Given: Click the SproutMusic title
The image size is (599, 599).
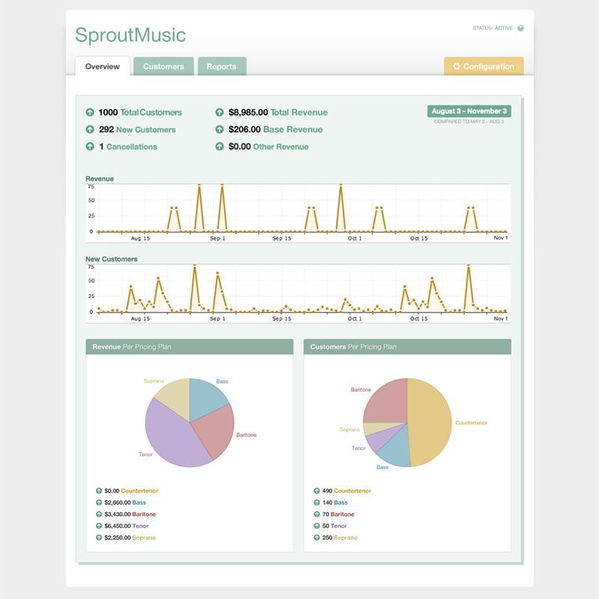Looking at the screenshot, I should click(130, 35).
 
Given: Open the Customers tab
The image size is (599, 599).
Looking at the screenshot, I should click(163, 67).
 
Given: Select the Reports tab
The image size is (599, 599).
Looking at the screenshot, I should click(222, 67).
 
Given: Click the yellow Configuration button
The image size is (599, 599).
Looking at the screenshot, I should click(484, 67).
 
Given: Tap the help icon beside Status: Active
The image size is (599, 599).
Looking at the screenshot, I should click(520, 28).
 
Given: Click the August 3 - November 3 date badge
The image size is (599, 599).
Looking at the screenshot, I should click(469, 111).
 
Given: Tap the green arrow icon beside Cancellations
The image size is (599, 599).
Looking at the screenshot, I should click(91, 147).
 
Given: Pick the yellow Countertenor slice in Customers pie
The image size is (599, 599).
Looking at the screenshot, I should click(431, 423).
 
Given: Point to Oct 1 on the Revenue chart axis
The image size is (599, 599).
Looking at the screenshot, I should click(354, 239).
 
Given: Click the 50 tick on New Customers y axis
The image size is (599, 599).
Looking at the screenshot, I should click(91, 280).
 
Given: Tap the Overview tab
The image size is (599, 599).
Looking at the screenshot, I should click(103, 67).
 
